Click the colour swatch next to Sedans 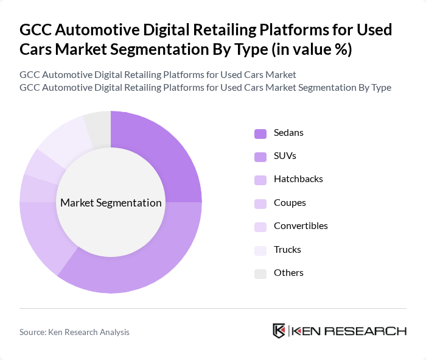(x=260, y=133)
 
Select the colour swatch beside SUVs (x=260, y=157)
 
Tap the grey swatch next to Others (x=260, y=274)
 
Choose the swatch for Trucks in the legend (x=260, y=250)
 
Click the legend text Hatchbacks (x=298, y=179)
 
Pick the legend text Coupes (x=290, y=203)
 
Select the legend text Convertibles (x=301, y=226)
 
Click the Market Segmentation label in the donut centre (x=111, y=203)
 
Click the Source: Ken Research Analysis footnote (x=74, y=332)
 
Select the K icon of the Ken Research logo (x=279, y=331)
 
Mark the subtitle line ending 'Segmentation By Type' (x=205, y=87)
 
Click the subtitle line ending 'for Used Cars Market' (x=158, y=74)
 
